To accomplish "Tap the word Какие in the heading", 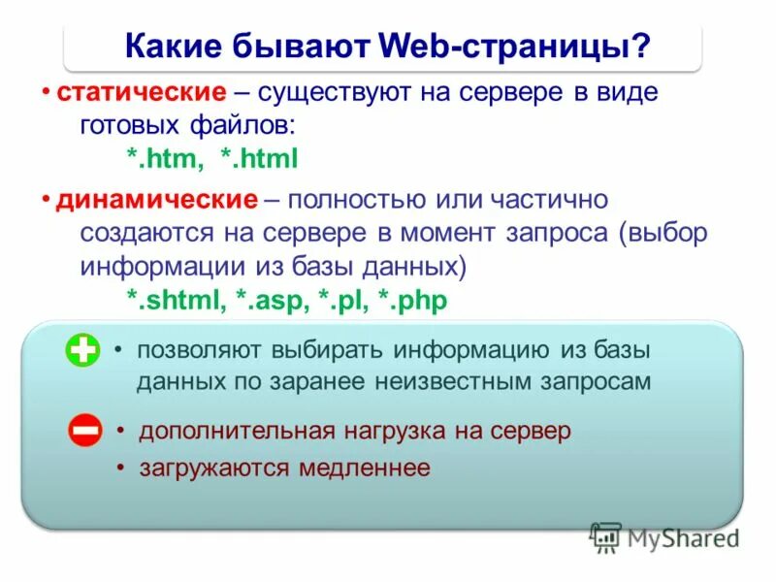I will (174, 46).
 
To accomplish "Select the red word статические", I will (141, 95).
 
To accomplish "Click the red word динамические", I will (156, 200).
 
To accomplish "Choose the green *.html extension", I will (258, 157).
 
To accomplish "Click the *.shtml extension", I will (177, 301).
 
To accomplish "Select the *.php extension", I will (415, 301).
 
